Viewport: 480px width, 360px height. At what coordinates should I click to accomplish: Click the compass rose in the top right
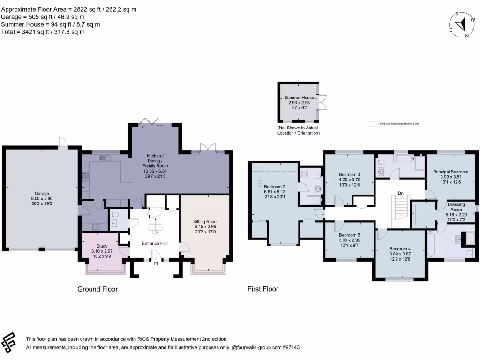coord(462,25)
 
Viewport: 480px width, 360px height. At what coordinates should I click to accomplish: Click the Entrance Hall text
coord(155,244)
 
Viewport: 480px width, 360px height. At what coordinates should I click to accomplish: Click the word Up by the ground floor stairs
coord(154,232)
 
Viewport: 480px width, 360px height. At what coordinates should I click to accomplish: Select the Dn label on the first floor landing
coord(400,193)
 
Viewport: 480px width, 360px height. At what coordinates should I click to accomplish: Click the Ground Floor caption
coord(97,289)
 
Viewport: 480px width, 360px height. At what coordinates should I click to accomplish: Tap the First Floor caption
coord(262,289)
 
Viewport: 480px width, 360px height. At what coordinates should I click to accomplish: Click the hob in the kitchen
coord(86,176)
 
